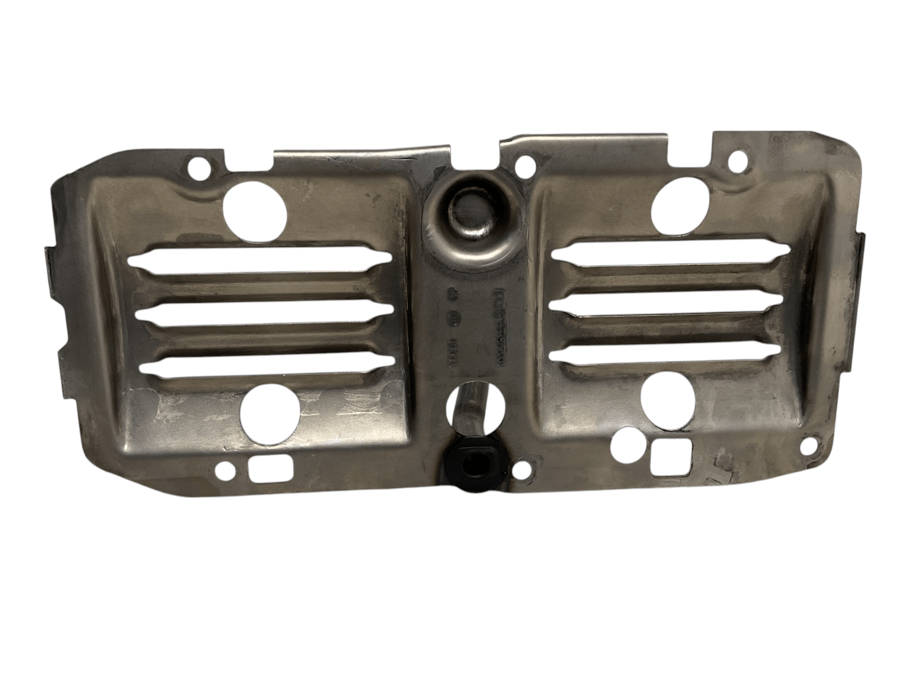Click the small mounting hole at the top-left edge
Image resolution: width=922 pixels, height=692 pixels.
click(x=201, y=166)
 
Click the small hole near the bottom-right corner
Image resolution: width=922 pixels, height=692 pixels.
click(x=806, y=445)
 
